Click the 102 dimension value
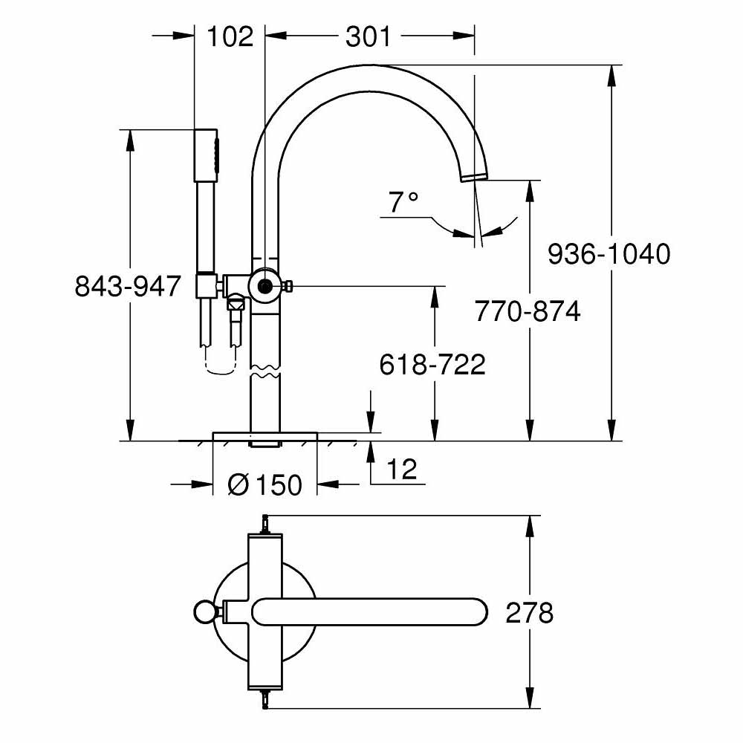click(x=230, y=36)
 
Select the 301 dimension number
click(x=369, y=36)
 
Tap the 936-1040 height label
click(x=609, y=253)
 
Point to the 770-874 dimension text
click(x=528, y=311)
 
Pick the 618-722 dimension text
click(x=432, y=364)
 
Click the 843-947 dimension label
click(x=128, y=286)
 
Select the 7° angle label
click(x=403, y=202)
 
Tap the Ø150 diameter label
click(x=265, y=484)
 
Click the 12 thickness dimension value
click(x=402, y=469)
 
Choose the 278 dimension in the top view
click(x=529, y=613)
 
